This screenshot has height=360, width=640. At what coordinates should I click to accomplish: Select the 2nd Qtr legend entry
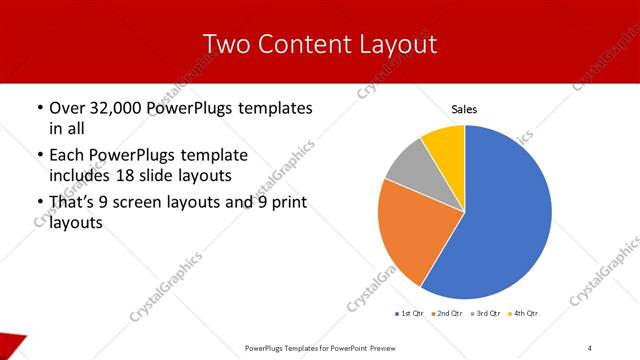pyautogui.click(x=447, y=314)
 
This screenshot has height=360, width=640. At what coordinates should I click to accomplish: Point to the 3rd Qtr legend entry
pyautogui.click(x=486, y=314)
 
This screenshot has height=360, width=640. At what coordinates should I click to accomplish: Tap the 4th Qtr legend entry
pyautogui.click(x=524, y=314)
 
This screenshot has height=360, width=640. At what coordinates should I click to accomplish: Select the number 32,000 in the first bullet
pyautogui.click(x=124, y=108)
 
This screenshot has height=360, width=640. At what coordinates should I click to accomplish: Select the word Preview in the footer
pyautogui.click(x=391, y=347)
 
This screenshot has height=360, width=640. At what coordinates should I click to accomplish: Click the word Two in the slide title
pyautogui.click(x=227, y=45)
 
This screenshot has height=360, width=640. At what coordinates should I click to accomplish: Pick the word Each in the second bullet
pyautogui.click(x=67, y=156)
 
